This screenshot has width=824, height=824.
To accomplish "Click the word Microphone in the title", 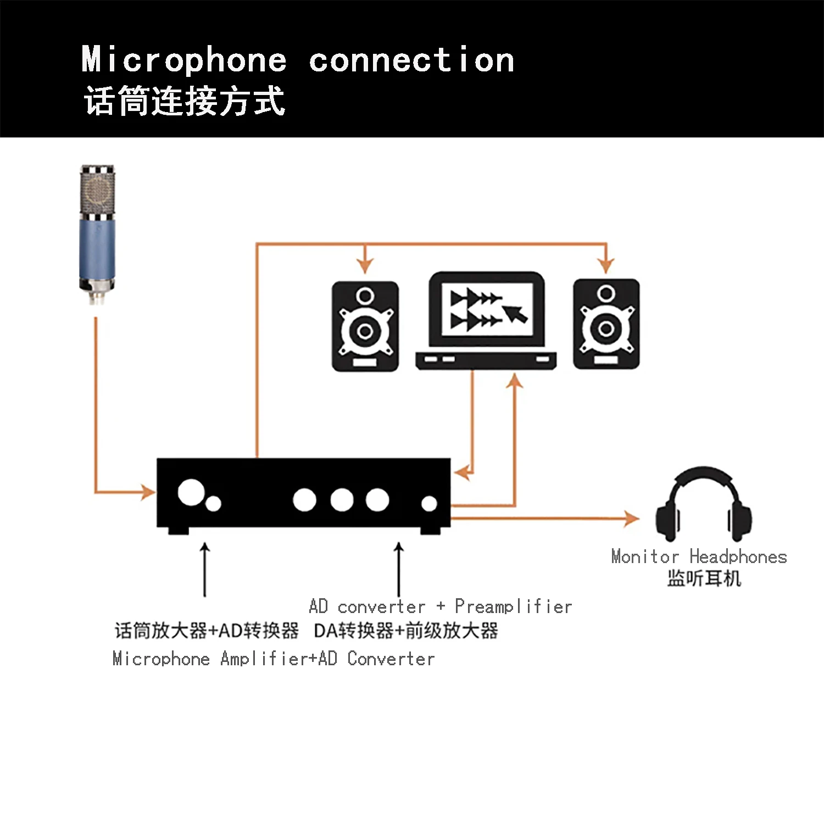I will (184, 59).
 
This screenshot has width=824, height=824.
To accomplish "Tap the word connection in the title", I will (411, 59).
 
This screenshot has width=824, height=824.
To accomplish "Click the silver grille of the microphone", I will (98, 190).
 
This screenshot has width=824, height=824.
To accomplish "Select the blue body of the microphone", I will (97, 250).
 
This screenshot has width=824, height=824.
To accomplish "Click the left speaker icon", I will (365, 326).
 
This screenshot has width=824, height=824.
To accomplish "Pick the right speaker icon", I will (606, 324).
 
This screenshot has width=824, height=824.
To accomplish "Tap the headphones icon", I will (703, 505).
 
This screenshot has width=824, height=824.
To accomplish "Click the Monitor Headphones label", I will (699, 556).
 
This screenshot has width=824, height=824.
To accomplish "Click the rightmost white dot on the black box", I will (429, 503).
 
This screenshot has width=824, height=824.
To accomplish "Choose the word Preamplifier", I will (513, 606).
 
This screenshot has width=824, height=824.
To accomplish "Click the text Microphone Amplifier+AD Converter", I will (274, 658).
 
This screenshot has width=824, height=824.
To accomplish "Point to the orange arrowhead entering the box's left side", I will (148, 492).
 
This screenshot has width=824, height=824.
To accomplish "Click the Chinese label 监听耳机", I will (704, 578).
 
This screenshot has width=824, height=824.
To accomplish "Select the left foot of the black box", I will (179, 531).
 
